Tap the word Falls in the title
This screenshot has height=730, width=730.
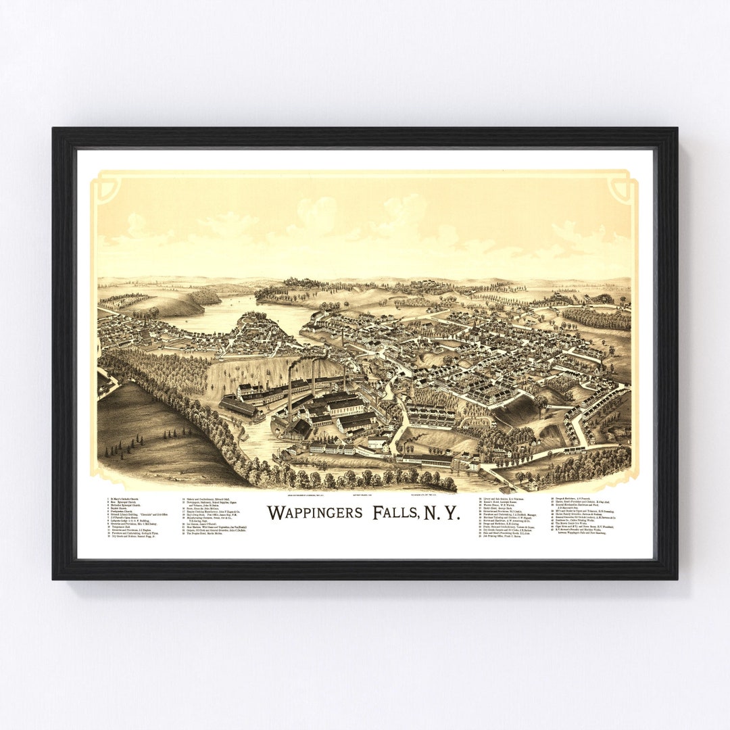coord(395,512)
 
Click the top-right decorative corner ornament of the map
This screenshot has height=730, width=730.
coord(623,187)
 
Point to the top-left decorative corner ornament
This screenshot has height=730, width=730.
coord(107,187)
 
